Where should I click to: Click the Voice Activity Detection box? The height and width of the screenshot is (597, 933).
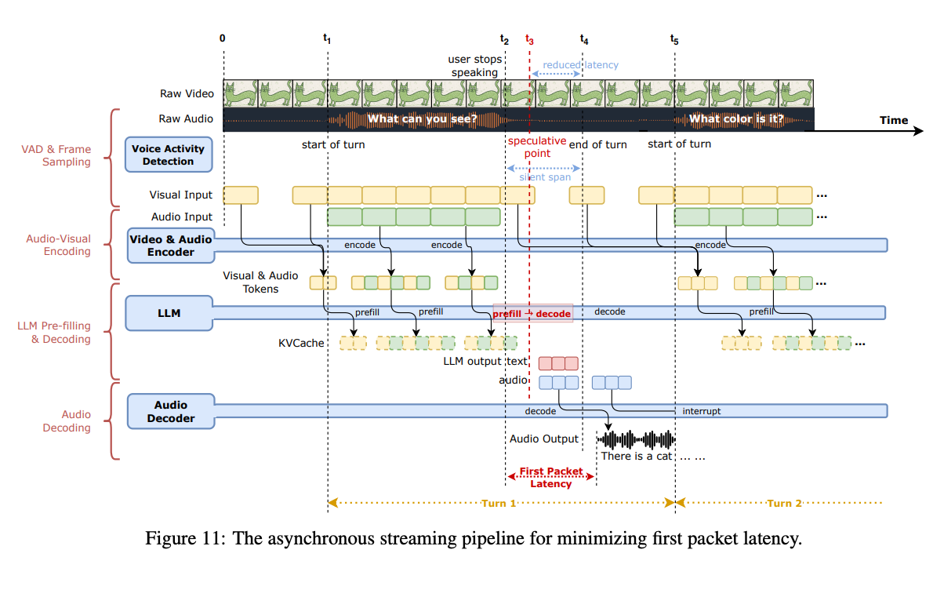168,155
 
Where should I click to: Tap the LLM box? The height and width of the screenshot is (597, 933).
168,312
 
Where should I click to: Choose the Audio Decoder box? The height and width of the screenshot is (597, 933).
170,411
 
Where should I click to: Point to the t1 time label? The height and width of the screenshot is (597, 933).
327,38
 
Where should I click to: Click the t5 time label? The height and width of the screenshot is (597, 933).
674,38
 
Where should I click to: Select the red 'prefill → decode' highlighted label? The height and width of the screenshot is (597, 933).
532,312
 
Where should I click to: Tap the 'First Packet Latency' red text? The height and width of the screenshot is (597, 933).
551,478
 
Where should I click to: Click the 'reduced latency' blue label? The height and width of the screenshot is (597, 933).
580,65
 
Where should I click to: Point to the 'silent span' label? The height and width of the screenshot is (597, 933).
544,177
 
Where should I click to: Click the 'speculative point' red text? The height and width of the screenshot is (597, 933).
536,147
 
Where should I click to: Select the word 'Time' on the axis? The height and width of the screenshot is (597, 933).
893,120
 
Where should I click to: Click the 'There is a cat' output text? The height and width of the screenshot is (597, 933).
636,456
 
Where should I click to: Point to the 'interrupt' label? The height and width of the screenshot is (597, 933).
701,411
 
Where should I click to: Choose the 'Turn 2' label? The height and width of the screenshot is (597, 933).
784,503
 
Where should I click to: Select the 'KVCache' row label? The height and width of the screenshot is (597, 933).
301,343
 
